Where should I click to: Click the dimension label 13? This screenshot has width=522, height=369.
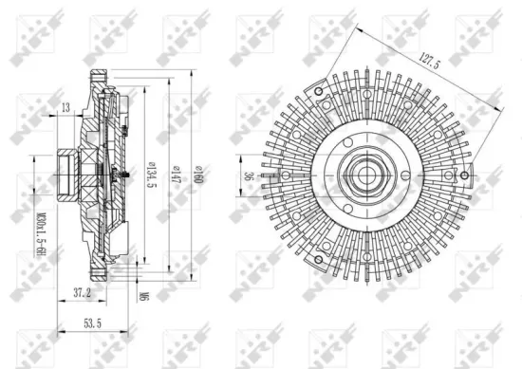pyautogui.click(x=65, y=106)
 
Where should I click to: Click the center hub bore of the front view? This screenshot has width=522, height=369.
pyautogui.click(x=365, y=175)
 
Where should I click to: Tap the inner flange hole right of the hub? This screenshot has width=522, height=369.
pyautogui.click(x=402, y=175)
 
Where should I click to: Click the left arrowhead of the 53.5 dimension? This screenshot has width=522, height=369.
pyautogui.click(x=59, y=331)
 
